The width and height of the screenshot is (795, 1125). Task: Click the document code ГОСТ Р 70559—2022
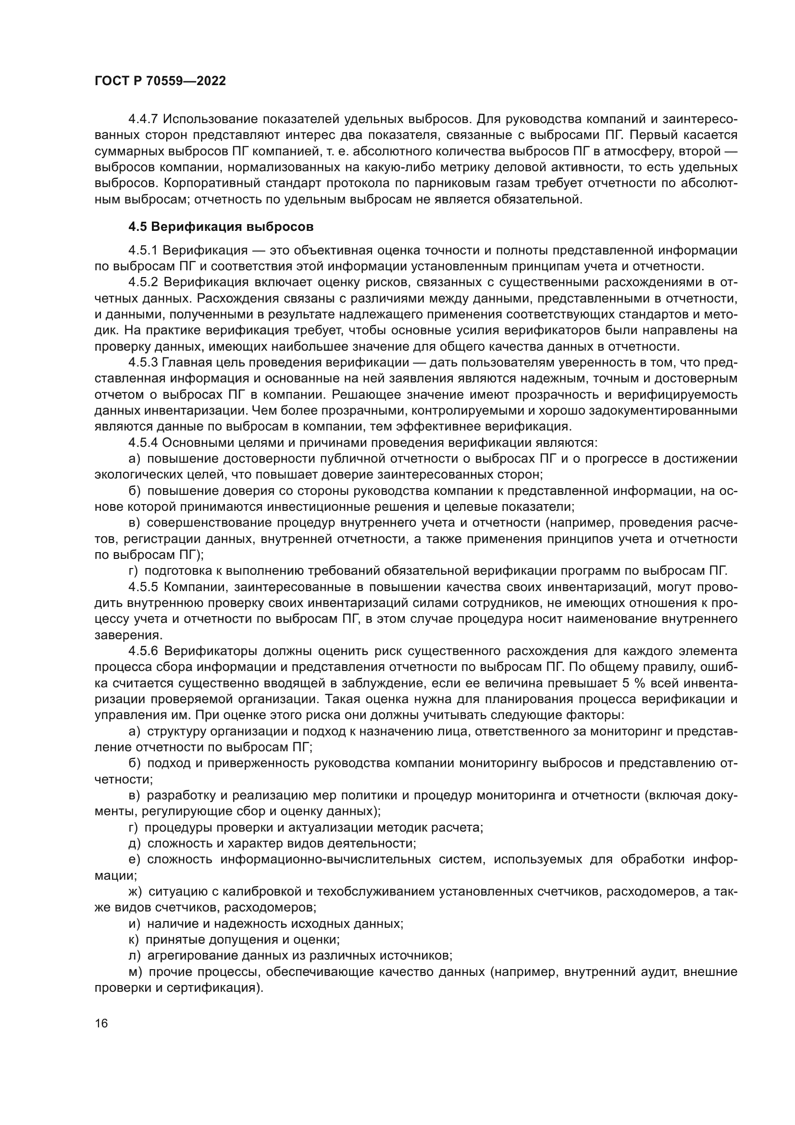[160, 81]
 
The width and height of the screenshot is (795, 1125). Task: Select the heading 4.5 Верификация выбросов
[221, 227]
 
